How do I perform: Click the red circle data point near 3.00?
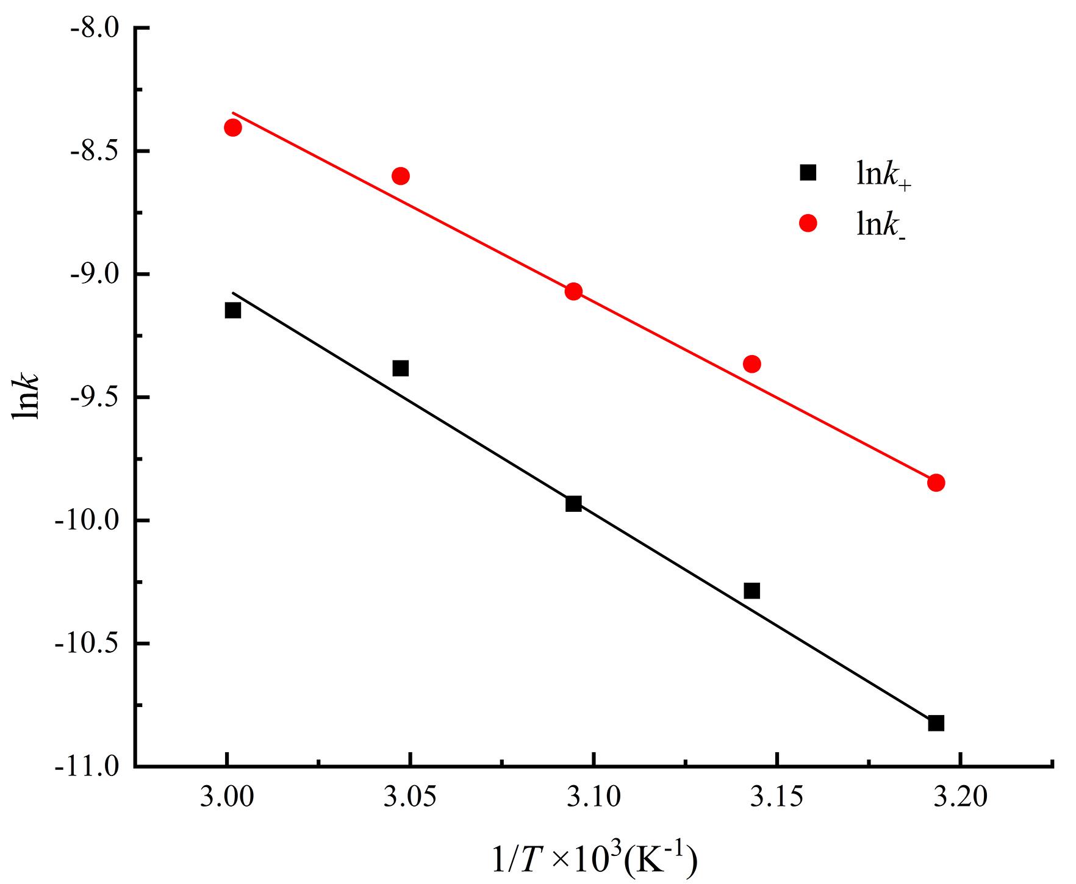pos(232,128)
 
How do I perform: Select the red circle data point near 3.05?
pos(400,176)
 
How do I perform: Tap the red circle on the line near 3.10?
pos(573,291)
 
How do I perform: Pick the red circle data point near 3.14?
pos(751,364)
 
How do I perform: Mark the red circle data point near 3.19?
pos(936,483)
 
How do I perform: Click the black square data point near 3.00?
pos(232,311)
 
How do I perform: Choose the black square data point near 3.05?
pos(400,368)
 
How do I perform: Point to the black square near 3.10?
pos(573,503)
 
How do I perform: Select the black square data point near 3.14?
pos(751,591)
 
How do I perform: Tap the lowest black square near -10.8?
pos(936,723)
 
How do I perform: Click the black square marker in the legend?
pos(808,173)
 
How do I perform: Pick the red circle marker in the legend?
pos(808,224)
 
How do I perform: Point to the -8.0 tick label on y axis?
pos(93,27)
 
